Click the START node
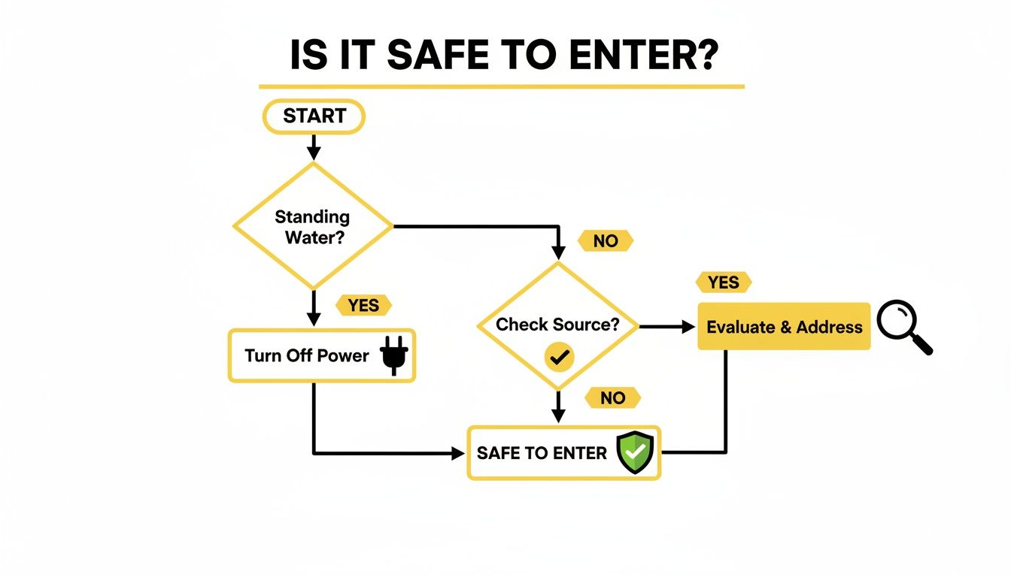[x=314, y=116]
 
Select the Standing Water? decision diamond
[x=312, y=225]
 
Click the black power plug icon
[x=393, y=354]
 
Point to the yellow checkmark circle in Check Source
[x=558, y=358]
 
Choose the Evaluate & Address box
[x=784, y=327]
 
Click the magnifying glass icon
[x=904, y=326]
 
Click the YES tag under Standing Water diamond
[x=363, y=305]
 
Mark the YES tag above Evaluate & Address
[x=724, y=282]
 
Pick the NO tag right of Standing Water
[x=605, y=240]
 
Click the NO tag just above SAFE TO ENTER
[x=612, y=397]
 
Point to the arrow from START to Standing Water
[x=314, y=146]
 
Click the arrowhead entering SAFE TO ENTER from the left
[x=457, y=453]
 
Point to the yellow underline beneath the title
[x=502, y=87]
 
